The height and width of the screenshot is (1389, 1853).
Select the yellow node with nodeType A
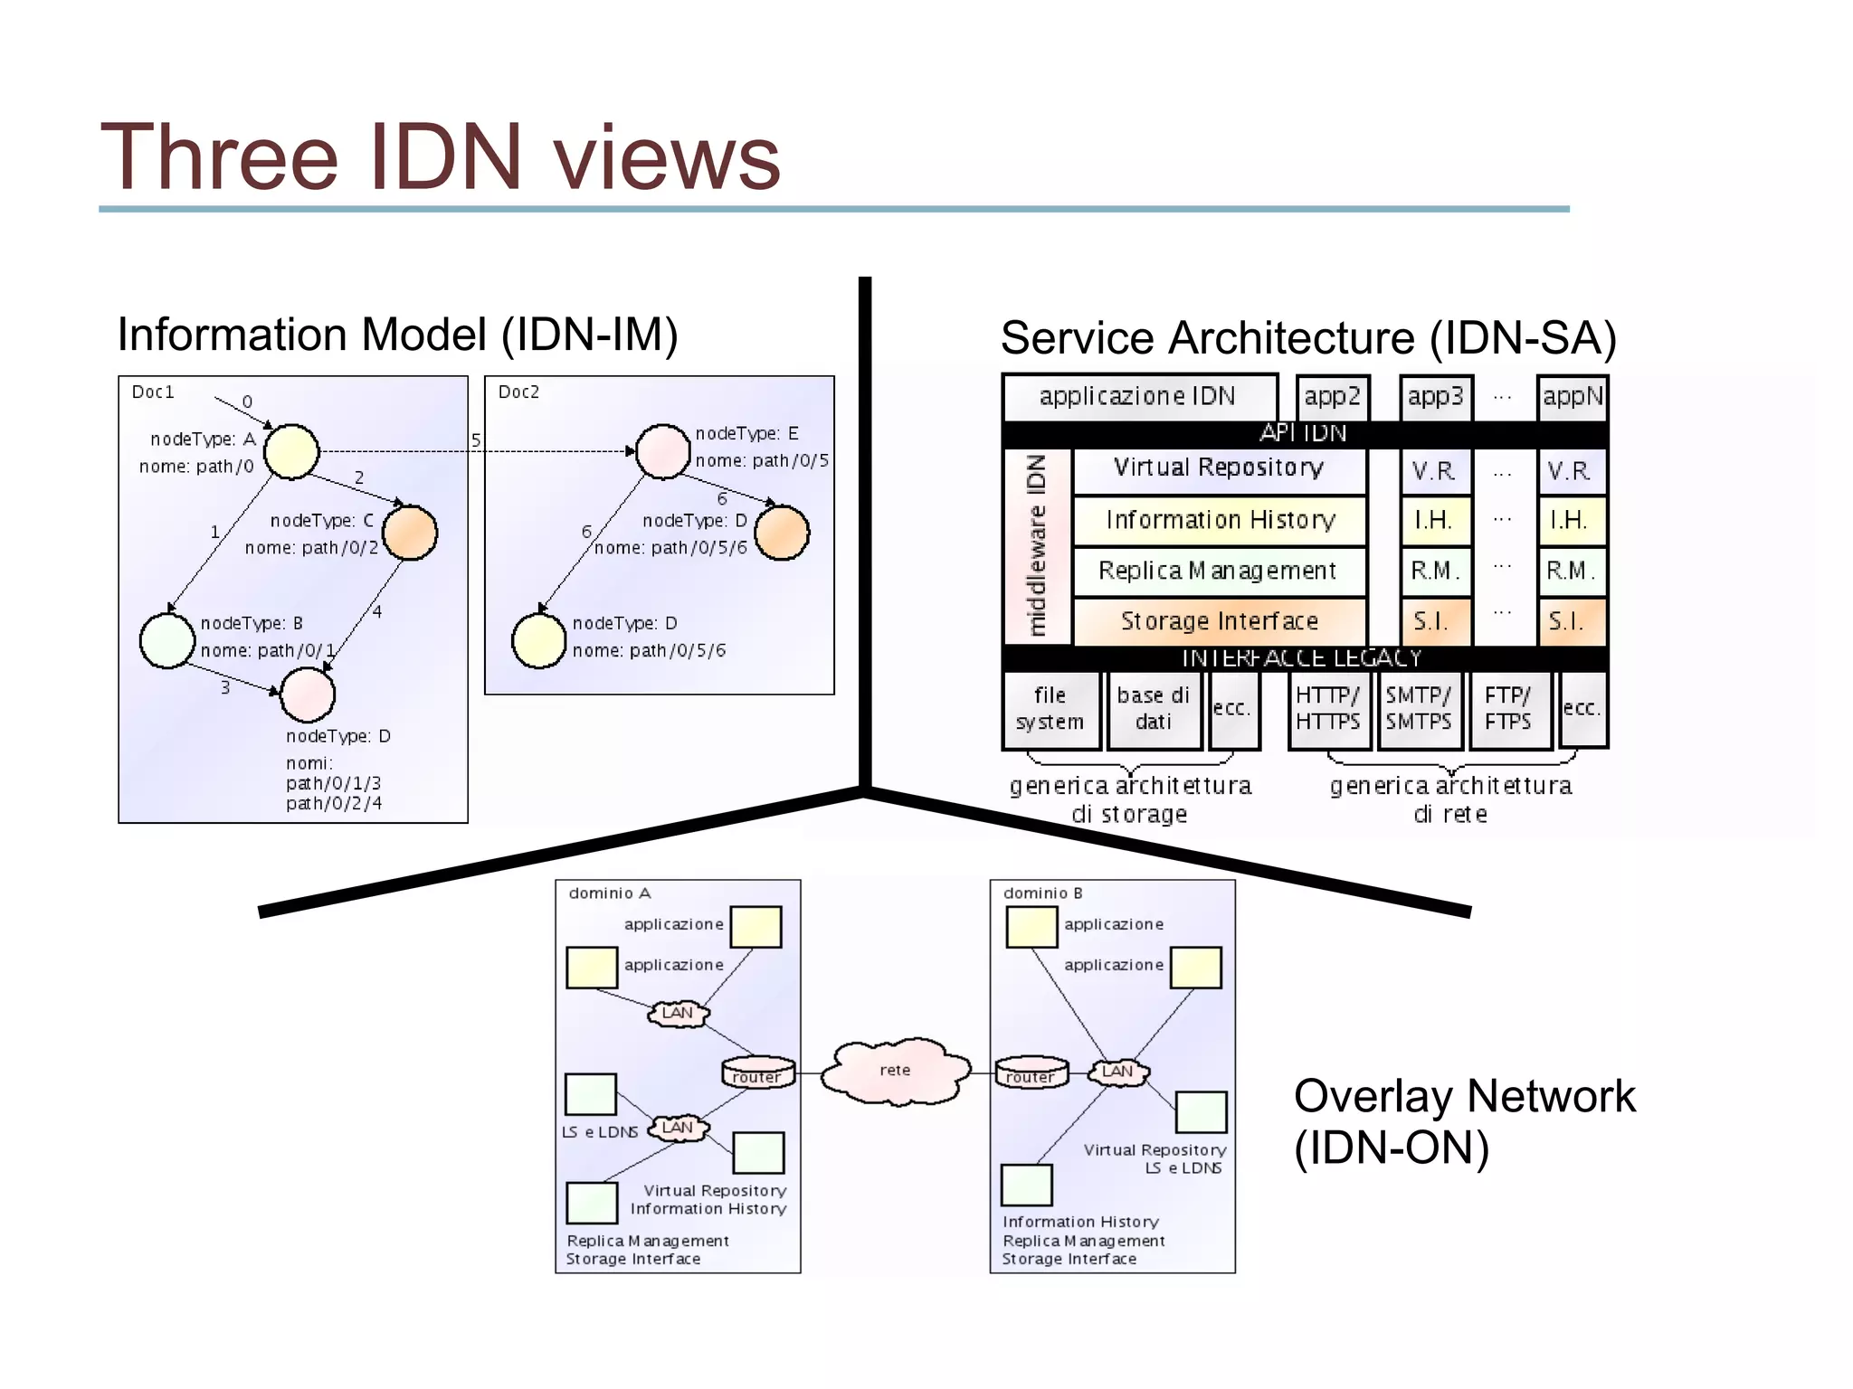coord(291,451)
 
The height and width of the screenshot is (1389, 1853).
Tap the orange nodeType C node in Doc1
coord(410,533)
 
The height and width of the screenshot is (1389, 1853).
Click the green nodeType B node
coord(167,641)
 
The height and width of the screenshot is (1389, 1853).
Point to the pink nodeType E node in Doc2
coord(663,451)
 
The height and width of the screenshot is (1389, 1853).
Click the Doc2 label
coord(518,392)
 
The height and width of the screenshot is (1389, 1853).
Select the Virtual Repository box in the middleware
coord(1218,468)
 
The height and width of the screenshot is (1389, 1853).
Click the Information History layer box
coord(1219,520)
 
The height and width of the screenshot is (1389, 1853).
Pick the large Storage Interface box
coord(1219,621)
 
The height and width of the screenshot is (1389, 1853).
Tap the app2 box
coord(1332,397)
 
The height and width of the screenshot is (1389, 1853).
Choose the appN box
coord(1573,397)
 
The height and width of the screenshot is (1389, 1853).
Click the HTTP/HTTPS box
coord(1327,709)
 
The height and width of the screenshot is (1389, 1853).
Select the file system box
coord(1050,709)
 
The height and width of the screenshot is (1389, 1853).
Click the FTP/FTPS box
coord(1508,709)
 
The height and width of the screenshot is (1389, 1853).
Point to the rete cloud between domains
coord(895,1072)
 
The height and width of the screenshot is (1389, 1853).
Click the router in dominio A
coord(757,1073)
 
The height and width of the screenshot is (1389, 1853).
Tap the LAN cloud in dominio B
coord(1118,1072)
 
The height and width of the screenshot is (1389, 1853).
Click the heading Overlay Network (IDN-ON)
coord(1463,1121)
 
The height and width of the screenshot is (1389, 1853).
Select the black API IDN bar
coord(1303,434)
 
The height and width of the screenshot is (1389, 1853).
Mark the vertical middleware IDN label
coord(1037,545)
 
